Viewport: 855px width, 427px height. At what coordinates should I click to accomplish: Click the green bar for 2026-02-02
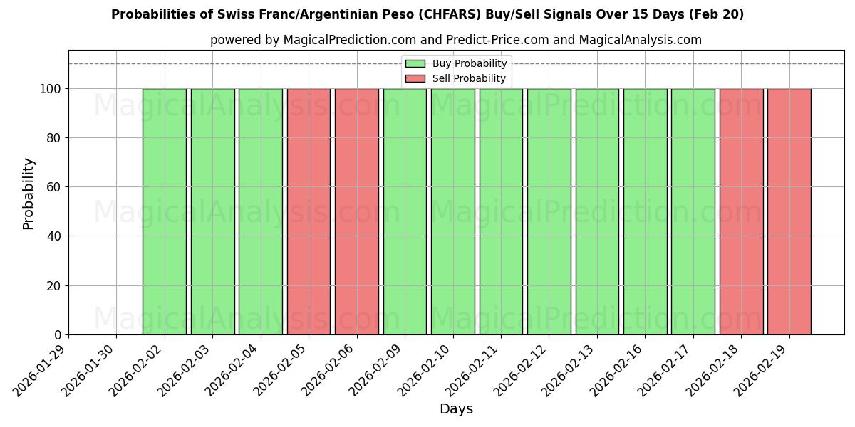(x=165, y=211)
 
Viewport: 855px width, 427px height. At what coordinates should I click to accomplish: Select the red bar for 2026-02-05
(x=309, y=211)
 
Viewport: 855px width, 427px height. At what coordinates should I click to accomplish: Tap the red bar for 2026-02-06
(x=356, y=211)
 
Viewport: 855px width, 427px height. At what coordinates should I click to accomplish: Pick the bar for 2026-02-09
(x=405, y=211)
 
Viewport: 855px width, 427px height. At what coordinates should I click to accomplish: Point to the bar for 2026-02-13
(x=597, y=211)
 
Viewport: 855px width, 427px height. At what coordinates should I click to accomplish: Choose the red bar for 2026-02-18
(x=741, y=211)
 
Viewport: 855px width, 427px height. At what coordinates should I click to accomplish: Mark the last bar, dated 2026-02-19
(x=789, y=211)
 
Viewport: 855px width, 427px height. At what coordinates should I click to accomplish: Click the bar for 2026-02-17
(x=693, y=211)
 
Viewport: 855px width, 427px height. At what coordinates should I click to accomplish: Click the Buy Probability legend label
(x=470, y=64)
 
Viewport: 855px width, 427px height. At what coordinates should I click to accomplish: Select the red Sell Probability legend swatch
(x=415, y=79)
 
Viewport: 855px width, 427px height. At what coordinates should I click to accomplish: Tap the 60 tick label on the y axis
(x=53, y=187)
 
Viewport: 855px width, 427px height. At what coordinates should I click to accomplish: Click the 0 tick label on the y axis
(x=58, y=335)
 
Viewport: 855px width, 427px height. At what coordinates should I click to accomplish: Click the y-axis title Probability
(x=28, y=193)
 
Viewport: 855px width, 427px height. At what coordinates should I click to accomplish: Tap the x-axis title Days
(x=456, y=409)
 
